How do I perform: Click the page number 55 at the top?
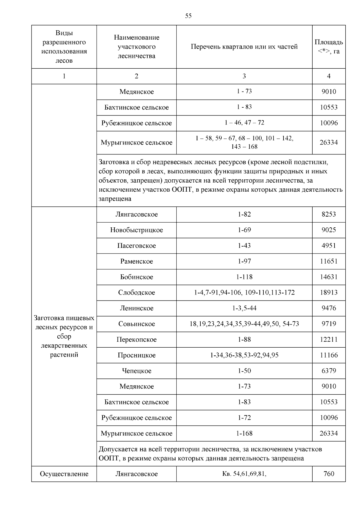point(188,16)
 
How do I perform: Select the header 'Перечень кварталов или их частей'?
point(244,47)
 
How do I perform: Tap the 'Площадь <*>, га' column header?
point(328,47)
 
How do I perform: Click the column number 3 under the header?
point(244,76)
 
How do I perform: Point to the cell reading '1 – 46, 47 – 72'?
point(244,123)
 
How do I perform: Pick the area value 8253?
point(328,214)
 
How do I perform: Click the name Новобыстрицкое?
point(136,230)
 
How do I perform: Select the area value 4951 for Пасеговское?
point(328,246)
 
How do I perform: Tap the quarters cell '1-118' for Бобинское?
point(244,277)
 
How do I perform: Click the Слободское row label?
point(136,292)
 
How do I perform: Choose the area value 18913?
point(328,292)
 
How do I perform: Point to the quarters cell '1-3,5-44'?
point(244,308)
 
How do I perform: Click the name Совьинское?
point(136,324)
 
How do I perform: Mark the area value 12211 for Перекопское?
point(328,340)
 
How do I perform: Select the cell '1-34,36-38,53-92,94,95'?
point(244,355)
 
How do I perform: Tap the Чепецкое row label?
point(136,371)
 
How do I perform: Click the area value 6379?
point(328,371)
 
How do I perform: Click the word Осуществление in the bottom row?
point(64,474)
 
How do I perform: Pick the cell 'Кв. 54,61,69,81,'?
point(244,474)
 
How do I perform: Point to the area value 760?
point(328,474)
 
